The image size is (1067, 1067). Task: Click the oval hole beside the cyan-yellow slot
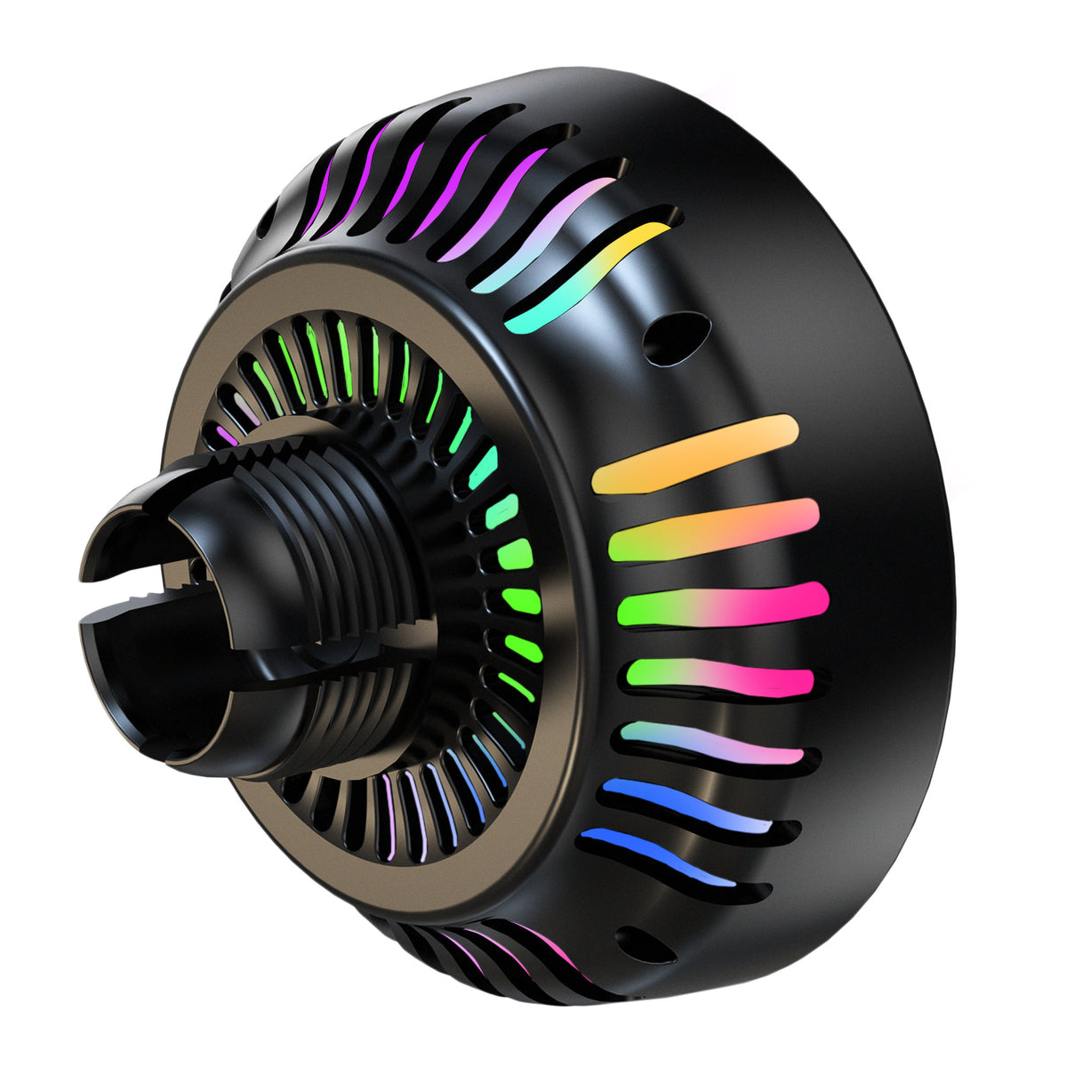click(x=676, y=337)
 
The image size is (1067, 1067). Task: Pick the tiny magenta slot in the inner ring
click(x=228, y=435)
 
